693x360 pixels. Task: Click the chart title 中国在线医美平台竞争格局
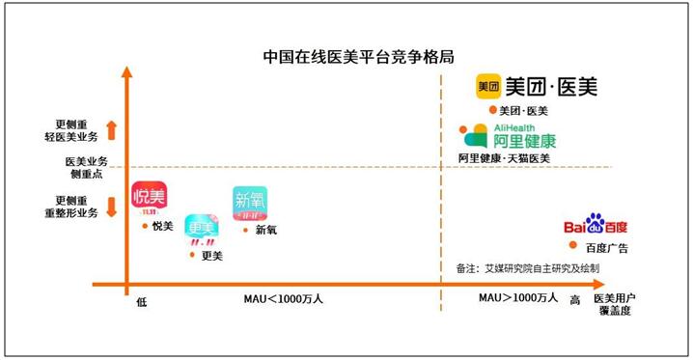[x=346, y=56]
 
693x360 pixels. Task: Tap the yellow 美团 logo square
[x=488, y=87]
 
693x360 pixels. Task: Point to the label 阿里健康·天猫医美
[x=504, y=158]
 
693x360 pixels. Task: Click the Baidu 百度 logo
[x=596, y=228]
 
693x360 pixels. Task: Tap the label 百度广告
[x=606, y=249]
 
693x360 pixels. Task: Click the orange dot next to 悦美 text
[x=144, y=227]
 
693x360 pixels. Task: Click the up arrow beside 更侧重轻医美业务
[x=112, y=128]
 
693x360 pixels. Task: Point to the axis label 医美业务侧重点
[x=87, y=166]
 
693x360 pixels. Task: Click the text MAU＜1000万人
[x=283, y=299]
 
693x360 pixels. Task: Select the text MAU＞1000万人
[x=518, y=298]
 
